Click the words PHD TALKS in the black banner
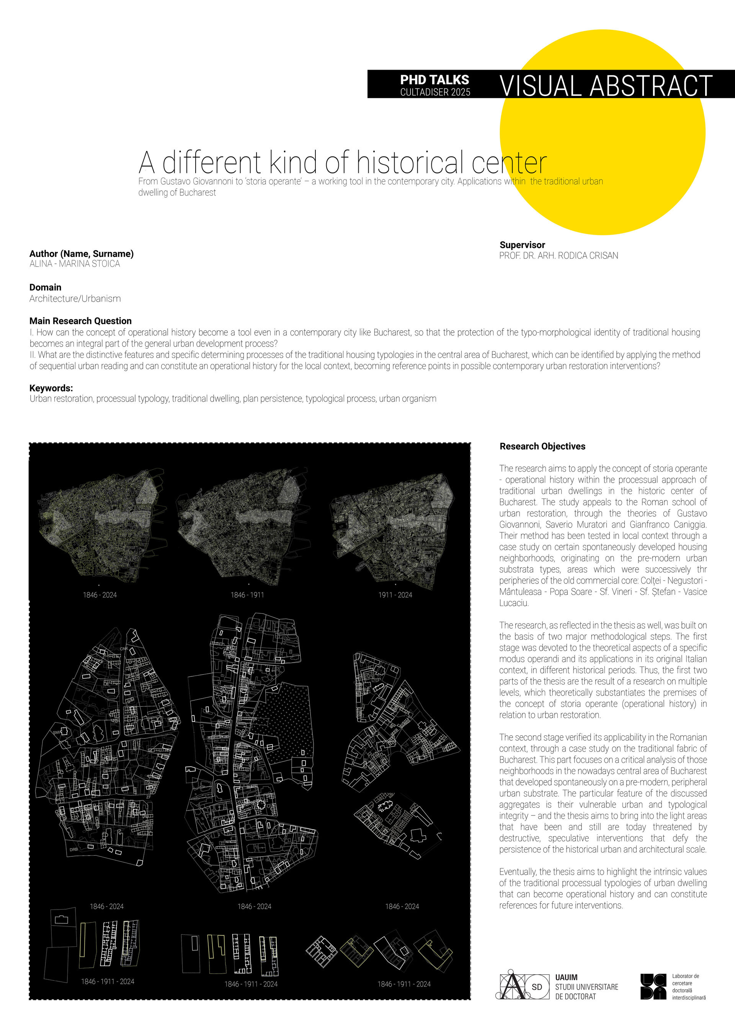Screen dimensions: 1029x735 click(x=434, y=80)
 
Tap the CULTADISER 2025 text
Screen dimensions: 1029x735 click(x=435, y=92)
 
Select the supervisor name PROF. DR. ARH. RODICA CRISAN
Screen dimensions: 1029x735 click(x=559, y=256)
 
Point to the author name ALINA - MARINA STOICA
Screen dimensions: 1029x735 click(x=75, y=264)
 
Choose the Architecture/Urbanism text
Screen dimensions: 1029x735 click(x=75, y=299)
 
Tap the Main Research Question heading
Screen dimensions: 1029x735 click(x=80, y=321)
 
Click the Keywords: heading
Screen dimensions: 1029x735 click(x=51, y=388)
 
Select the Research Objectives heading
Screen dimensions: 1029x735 click(x=542, y=446)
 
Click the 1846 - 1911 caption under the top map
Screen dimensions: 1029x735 click(x=247, y=595)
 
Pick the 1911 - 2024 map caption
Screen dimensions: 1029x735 click(x=395, y=595)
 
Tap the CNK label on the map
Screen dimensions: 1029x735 click(x=124, y=649)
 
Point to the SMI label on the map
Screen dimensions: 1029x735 click(x=57, y=732)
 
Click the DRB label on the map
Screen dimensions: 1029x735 click(x=74, y=849)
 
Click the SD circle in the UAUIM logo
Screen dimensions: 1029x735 click(x=537, y=987)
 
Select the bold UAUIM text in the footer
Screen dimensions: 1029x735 click(x=566, y=977)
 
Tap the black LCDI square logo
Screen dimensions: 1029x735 click(x=653, y=987)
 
